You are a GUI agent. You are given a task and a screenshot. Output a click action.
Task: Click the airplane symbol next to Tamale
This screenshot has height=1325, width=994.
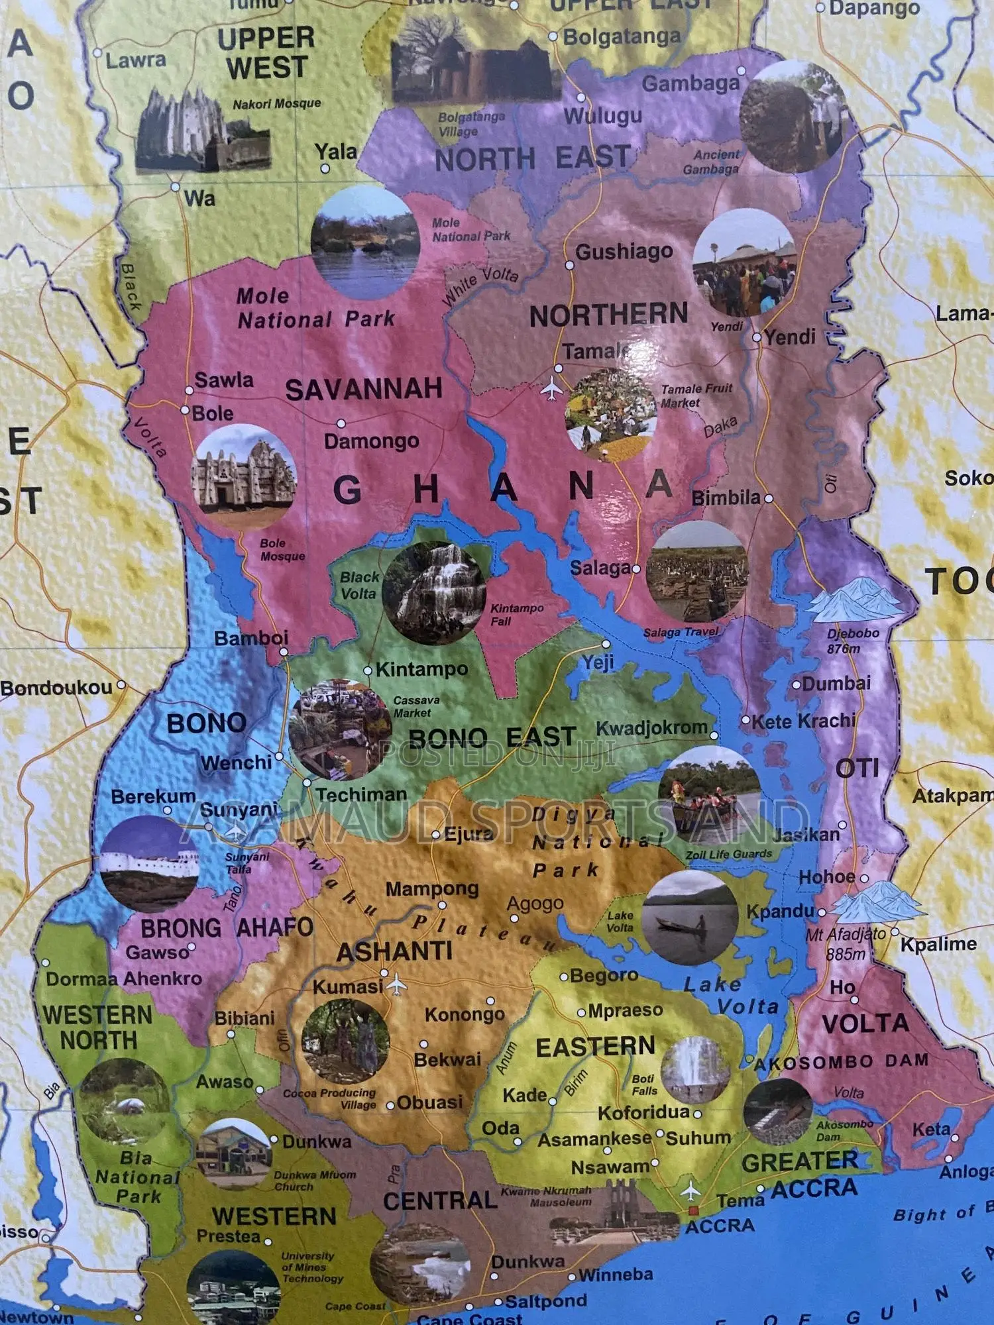click(x=551, y=389)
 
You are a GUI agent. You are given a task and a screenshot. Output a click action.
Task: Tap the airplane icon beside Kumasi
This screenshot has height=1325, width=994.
click(x=396, y=985)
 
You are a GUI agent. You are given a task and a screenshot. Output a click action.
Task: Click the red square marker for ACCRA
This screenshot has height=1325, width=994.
click(x=693, y=1210)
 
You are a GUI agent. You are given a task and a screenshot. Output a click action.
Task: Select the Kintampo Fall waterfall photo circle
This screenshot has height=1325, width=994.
click(x=435, y=593)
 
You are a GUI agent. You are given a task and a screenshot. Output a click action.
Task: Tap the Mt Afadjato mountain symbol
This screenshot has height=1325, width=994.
click(x=876, y=902)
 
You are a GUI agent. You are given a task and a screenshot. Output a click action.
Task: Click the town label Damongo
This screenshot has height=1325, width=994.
click(x=371, y=441)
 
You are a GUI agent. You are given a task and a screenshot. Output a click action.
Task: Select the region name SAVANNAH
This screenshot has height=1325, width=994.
click(x=363, y=390)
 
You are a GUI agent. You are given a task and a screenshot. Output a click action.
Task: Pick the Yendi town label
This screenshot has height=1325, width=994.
click(x=790, y=337)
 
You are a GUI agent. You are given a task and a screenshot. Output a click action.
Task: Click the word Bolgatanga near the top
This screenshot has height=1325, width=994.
click(x=621, y=37)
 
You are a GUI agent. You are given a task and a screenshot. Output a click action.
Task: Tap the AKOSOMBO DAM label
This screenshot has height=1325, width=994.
click(x=842, y=1062)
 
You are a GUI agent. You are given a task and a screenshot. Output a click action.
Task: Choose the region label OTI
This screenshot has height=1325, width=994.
click(x=857, y=768)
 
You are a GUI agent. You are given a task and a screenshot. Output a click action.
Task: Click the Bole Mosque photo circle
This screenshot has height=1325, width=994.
click(x=243, y=478)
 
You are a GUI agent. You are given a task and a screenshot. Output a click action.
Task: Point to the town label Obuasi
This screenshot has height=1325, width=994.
click(x=429, y=1102)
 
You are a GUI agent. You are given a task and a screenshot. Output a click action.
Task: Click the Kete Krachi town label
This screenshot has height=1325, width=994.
click(x=803, y=721)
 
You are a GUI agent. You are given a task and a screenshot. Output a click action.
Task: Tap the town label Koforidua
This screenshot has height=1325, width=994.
click(x=643, y=1112)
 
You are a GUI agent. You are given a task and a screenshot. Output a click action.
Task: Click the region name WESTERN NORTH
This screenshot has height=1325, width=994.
click(x=97, y=1027)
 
